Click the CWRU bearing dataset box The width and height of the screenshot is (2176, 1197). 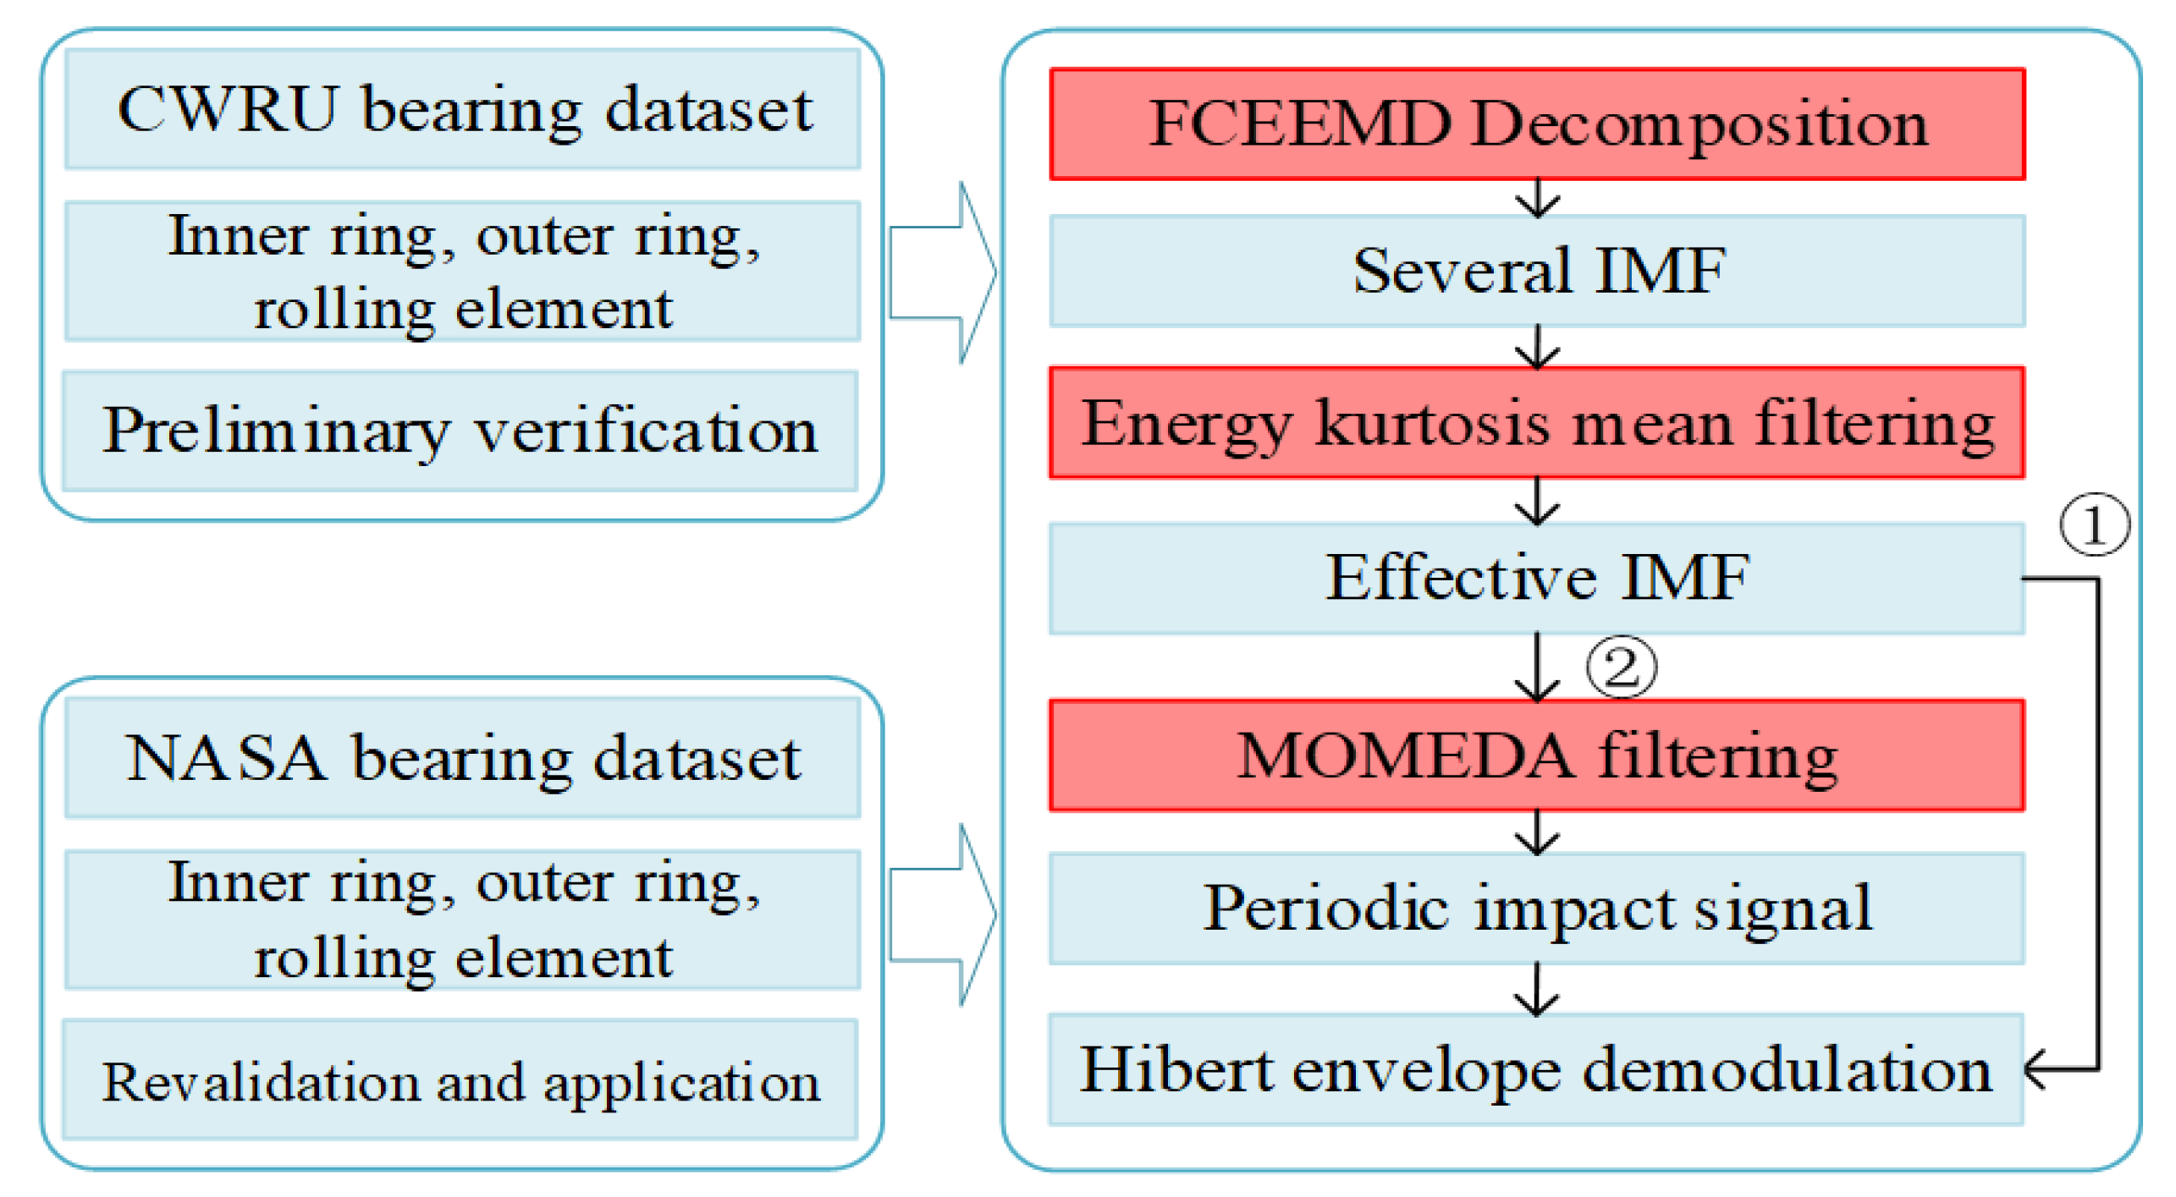click(462, 109)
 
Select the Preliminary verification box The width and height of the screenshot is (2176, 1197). click(460, 431)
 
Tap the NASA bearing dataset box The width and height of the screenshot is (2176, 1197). click(462, 757)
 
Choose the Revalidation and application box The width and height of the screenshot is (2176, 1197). click(460, 1080)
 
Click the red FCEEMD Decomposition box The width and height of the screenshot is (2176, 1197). click(1537, 124)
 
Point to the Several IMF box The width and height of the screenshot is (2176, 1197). click(1537, 271)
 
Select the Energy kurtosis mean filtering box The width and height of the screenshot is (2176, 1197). click(1537, 423)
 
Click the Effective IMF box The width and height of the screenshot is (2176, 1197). click(1537, 578)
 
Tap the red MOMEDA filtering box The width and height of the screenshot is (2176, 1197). click(1537, 755)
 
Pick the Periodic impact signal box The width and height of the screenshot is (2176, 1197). click(1537, 908)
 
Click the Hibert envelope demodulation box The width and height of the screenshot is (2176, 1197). click(1537, 1069)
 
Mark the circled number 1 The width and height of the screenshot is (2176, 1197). click(2093, 524)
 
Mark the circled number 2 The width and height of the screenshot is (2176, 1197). click(1620, 667)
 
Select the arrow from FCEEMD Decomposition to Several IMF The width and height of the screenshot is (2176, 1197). click(1537, 198)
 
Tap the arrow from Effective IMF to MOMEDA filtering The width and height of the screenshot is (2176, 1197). click(1537, 668)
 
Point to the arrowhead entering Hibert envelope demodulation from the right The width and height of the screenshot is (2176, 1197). click(2036, 1069)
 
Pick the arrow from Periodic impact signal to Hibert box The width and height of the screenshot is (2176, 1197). click(1537, 989)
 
